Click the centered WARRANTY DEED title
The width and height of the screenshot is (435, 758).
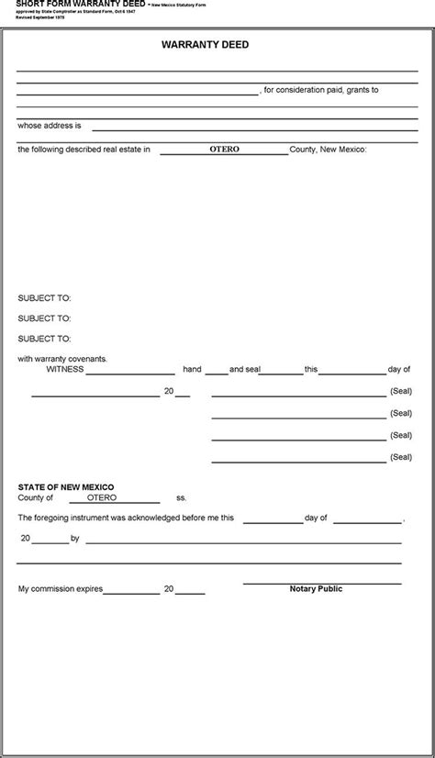(217, 44)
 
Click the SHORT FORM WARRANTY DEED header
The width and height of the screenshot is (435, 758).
(81, 5)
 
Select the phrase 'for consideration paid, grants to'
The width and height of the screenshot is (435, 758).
(321, 90)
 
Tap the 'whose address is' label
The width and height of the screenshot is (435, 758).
(50, 125)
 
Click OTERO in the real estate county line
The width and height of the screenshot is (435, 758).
(224, 149)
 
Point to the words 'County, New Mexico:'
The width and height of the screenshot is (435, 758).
(328, 149)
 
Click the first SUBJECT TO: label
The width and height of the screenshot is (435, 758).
(44, 297)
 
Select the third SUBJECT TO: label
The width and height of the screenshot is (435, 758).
(44, 339)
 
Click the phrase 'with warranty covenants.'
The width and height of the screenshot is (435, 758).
(62, 359)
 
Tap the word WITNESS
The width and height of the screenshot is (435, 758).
(65, 369)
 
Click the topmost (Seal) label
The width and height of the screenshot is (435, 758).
(401, 390)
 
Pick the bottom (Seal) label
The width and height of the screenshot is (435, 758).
(401, 456)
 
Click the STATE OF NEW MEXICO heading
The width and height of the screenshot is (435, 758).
(66, 486)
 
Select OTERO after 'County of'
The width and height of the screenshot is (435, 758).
(102, 497)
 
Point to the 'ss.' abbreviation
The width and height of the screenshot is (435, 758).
(182, 497)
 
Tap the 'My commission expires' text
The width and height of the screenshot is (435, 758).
(61, 588)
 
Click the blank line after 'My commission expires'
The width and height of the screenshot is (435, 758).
(130, 592)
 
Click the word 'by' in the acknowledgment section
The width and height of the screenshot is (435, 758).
(75, 538)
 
